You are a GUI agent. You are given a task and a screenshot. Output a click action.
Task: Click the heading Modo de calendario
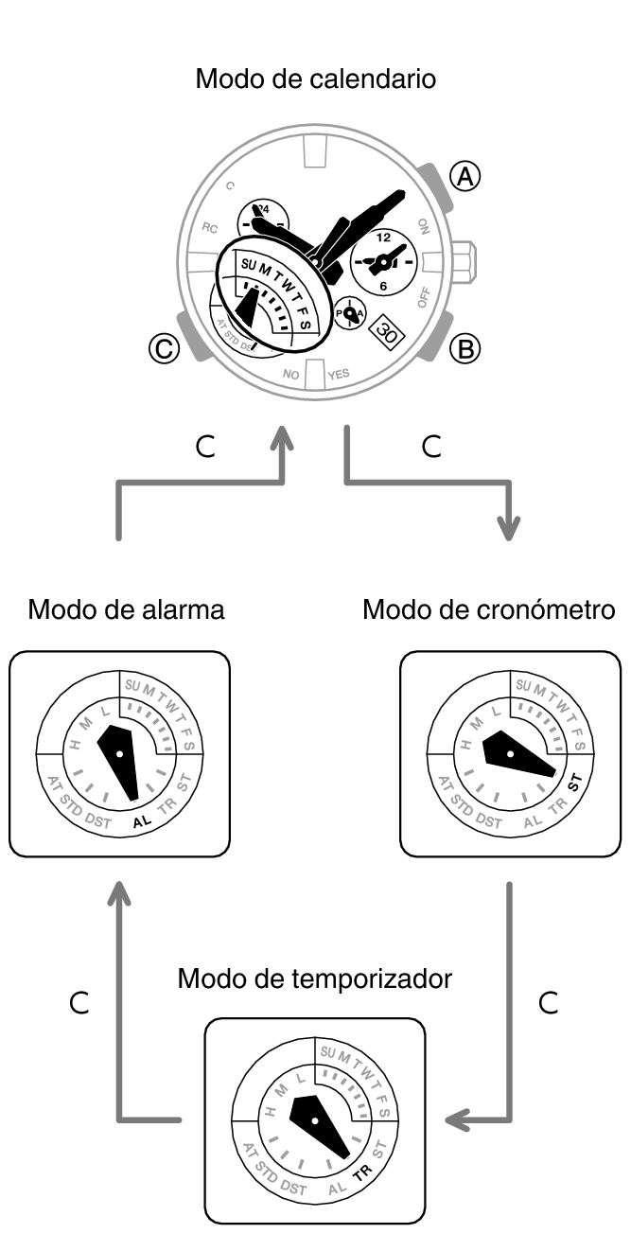tap(315, 79)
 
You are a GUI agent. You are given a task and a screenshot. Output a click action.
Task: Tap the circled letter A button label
tap(464, 176)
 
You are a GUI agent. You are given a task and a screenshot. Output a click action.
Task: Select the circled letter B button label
tap(464, 349)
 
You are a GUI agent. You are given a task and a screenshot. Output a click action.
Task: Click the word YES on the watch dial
tap(338, 374)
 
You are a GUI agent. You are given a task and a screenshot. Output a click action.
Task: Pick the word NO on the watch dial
tap(291, 375)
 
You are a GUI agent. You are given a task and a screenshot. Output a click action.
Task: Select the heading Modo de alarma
tap(126, 609)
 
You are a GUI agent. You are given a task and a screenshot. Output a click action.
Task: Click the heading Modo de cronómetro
tap(488, 609)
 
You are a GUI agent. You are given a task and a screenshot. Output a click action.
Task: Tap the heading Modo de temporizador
tap(314, 978)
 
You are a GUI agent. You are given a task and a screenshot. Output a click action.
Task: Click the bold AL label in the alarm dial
tap(142, 822)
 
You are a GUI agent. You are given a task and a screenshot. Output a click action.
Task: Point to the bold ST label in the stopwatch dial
tap(572, 783)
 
